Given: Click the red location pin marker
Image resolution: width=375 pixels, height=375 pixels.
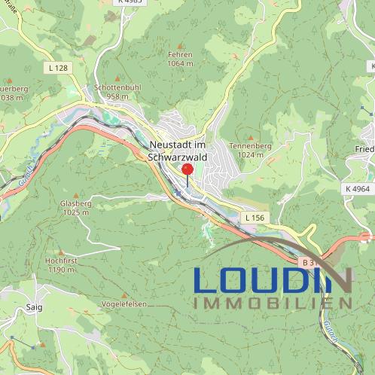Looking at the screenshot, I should coord(187,170).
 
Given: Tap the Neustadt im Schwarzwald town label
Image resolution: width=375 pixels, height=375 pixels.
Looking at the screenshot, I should coord(178,151).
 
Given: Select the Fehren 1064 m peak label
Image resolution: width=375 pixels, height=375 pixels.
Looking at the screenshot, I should coord(181,59).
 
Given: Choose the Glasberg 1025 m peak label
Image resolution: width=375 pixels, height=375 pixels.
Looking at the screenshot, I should coord(76,208).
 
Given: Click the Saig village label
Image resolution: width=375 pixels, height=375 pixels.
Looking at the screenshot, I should coord(34,307).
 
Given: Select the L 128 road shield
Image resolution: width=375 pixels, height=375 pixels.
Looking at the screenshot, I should coord(56,68).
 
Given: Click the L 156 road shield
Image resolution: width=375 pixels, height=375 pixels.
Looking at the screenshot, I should coord(255,218).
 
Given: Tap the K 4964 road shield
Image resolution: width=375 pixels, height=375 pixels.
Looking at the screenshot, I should coord(357,188).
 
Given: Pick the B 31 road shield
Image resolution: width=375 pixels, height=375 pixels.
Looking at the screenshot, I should coord(307,263).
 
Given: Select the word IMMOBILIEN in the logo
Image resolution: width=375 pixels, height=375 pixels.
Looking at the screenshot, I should coord(273,303).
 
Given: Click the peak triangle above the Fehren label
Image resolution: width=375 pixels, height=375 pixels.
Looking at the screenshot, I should coord(181,44).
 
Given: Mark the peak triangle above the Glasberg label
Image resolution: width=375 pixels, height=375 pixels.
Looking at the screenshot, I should coord(75,194).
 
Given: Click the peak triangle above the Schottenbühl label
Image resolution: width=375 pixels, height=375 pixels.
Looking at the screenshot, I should coord(117,78).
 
